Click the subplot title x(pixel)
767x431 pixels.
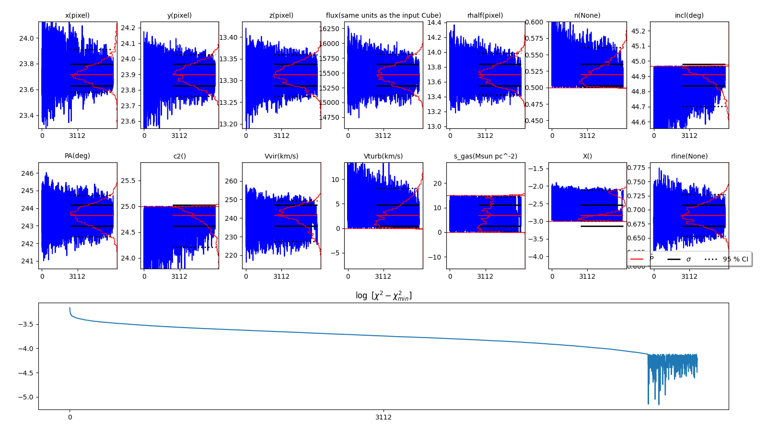(77, 15)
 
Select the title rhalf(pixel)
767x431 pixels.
(485, 15)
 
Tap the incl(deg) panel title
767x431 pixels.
(689, 15)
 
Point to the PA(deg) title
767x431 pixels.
(77, 156)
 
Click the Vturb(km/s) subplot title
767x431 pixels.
(383, 156)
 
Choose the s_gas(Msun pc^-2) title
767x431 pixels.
(485, 156)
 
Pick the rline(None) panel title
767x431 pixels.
(689, 156)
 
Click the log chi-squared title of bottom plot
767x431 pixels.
(383, 296)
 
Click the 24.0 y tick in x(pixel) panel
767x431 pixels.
(27, 38)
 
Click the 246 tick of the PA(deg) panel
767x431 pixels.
(27, 173)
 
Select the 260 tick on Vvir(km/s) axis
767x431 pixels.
(231, 181)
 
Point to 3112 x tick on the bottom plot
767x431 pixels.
(383, 417)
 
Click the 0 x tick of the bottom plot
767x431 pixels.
(70, 417)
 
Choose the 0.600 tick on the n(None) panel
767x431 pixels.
(535, 22)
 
